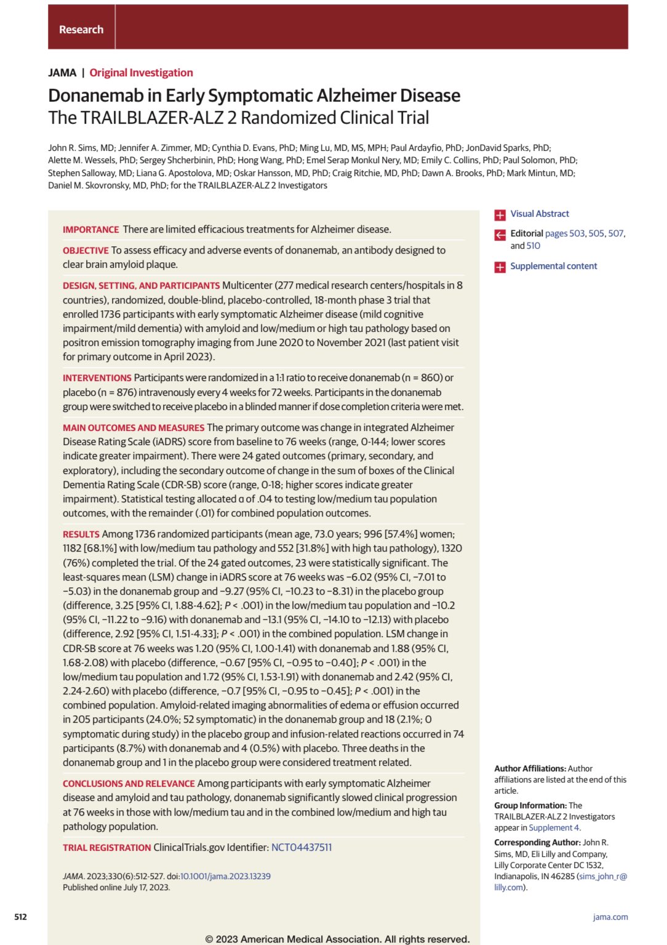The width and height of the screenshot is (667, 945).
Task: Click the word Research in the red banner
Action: [x=81, y=30]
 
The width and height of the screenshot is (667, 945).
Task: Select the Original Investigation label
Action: [x=141, y=73]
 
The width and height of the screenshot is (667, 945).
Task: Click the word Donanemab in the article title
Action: [x=103, y=95]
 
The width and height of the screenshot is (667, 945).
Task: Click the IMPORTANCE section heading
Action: [x=90, y=230]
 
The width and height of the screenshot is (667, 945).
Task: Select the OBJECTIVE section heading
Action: [x=86, y=251]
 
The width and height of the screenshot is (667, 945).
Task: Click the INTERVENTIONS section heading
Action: [x=97, y=378]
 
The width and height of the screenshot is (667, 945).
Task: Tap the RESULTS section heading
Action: [x=81, y=534]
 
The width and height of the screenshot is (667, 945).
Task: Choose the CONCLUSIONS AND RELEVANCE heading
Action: [x=129, y=784]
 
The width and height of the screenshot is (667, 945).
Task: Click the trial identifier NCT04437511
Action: [x=302, y=848]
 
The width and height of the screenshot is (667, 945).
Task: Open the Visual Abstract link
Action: [x=540, y=214]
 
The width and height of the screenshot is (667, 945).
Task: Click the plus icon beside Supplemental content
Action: [x=500, y=267]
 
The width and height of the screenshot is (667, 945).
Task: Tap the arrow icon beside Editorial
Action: [x=500, y=235]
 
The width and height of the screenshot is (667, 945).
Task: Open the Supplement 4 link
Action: [x=554, y=827]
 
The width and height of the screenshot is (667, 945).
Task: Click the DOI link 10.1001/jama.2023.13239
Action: [x=225, y=876]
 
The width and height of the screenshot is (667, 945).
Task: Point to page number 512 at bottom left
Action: [x=20, y=917]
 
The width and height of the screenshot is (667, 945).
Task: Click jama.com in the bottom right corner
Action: [x=610, y=917]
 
